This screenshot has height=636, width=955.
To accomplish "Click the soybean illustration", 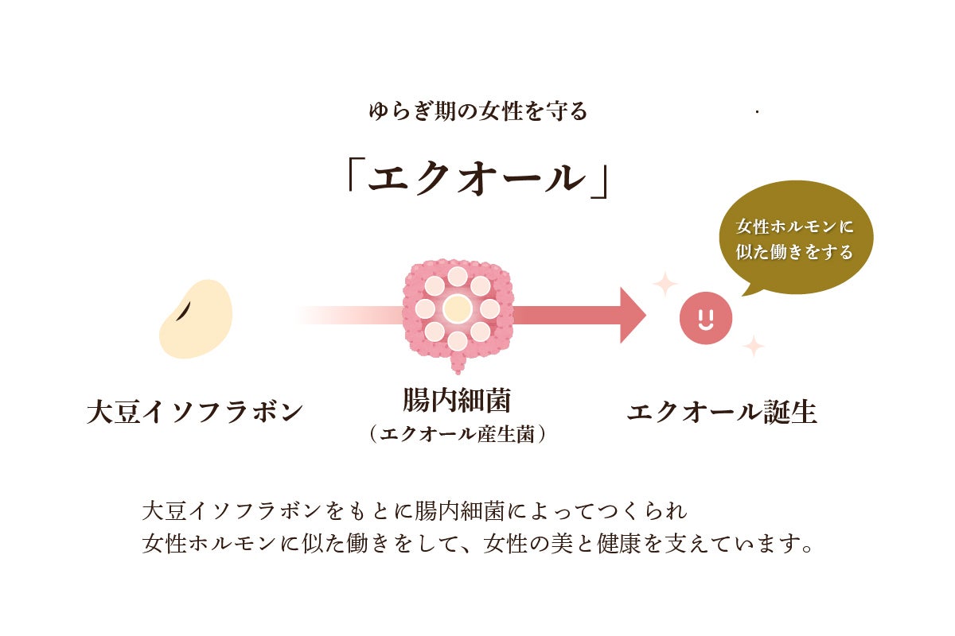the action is [x=196, y=319].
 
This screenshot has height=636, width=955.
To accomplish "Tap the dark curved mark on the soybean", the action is [x=183, y=312].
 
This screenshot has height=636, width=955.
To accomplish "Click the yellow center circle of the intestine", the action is [x=457, y=308].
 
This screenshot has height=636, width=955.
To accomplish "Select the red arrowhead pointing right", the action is [x=633, y=316].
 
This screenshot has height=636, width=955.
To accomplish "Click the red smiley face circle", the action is [x=706, y=318].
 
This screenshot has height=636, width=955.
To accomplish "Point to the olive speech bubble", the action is [x=796, y=239].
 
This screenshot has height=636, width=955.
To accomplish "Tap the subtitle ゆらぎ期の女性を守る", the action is [x=478, y=111].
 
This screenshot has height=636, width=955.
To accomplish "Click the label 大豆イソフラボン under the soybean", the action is [x=195, y=412].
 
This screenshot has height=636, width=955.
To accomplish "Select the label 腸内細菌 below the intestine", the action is [x=457, y=400].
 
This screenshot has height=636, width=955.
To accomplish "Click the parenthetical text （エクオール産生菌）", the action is [x=458, y=434].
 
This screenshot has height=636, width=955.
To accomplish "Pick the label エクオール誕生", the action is [x=722, y=412].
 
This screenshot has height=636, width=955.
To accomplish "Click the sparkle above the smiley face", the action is [x=665, y=284].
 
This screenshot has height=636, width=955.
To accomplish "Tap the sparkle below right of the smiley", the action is [x=754, y=346].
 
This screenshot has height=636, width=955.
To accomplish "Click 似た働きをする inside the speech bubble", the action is [x=794, y=252].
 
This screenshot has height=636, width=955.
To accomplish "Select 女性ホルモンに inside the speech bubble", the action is [x=794, y=227].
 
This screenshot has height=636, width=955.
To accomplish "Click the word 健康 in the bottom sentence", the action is [x=619, y=543].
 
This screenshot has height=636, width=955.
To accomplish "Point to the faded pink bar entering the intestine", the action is [x=350, y=316].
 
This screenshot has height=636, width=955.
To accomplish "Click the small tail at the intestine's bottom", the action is [x=458, y=364].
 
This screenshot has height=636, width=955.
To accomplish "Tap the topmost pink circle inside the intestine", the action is [x=458, y=277].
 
